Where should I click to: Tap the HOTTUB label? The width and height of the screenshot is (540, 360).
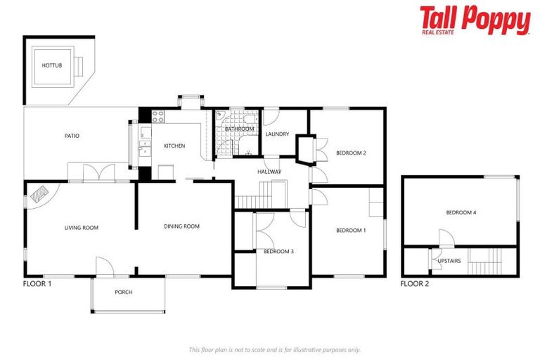tap(51, 65)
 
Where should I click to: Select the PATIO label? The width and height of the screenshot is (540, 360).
tap(72, 136)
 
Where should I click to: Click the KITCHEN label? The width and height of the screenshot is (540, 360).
tap(174, 146)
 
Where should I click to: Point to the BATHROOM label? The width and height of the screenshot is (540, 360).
tap(239, 129)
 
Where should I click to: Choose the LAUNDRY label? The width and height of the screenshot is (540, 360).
tap(277, 134)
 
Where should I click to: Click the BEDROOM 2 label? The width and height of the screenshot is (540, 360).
tap(351, 153)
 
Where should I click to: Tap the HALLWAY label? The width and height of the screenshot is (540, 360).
tap(269, 172)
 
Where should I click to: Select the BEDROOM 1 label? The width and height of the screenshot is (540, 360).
tap(351, 231)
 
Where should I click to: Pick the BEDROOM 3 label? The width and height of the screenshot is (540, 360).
tap(278, 251)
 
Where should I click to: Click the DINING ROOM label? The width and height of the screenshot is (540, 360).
tap(182, 226)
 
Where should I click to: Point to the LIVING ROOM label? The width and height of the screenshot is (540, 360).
tap(81, 227)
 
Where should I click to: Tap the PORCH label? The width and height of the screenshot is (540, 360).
tap(123, 292)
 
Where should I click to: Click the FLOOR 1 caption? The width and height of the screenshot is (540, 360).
tap(37, 284)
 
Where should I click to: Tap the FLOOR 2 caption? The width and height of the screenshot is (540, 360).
tap(415, 284)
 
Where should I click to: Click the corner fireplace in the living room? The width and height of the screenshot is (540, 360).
tap(39, 194)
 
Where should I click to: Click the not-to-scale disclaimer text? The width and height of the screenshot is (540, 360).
tap(274, 349)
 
